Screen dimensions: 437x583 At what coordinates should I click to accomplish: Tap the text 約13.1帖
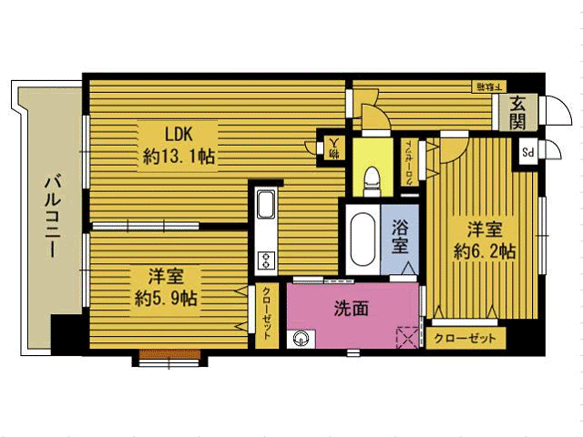[179, 156]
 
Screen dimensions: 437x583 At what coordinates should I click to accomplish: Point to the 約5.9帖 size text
[168, 298]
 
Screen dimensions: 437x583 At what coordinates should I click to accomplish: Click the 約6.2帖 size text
[484, 250]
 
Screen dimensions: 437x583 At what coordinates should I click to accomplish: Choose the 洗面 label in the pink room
[351, 309]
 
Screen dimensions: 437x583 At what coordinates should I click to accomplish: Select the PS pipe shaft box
[527, 151]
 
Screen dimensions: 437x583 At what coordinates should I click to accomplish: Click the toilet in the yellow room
[370, 182]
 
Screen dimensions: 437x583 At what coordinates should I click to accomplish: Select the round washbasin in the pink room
[300, 340]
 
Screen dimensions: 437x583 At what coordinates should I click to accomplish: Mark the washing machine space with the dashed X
[408, 337]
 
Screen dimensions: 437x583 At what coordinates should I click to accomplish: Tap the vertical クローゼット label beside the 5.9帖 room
[266, 313]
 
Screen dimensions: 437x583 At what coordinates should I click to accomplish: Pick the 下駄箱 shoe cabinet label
[485, 86]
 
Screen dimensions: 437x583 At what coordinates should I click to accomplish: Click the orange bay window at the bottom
[168, 361]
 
